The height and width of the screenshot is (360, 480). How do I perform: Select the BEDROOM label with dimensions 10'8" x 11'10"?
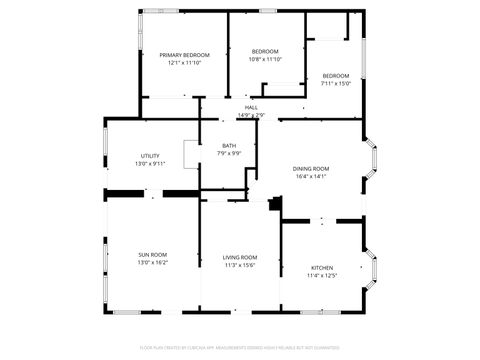[264, 51]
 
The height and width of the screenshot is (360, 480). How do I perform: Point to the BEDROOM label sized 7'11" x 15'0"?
[336, 76]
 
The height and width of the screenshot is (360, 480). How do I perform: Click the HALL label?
[251, 107]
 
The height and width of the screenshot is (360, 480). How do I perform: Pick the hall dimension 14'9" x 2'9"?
[251, 115]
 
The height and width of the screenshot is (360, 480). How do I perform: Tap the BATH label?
[229, 146]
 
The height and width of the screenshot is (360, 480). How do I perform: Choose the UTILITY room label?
[150, 155]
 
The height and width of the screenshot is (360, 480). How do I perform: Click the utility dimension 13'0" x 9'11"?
[150, 163]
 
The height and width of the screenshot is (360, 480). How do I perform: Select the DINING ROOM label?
[310, 168]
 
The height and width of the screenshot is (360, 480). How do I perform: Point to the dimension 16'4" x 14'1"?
[310, 177]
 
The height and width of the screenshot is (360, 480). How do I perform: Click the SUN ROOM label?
[152, 255]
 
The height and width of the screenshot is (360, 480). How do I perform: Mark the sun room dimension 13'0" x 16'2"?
[152, 263]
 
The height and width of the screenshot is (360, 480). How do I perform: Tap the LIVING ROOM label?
[240, 257]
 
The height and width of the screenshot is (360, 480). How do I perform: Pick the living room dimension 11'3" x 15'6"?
[240, 265]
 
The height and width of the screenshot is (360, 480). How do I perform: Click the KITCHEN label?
[322, 268]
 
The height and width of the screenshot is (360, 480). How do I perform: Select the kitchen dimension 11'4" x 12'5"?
[322, 276]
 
